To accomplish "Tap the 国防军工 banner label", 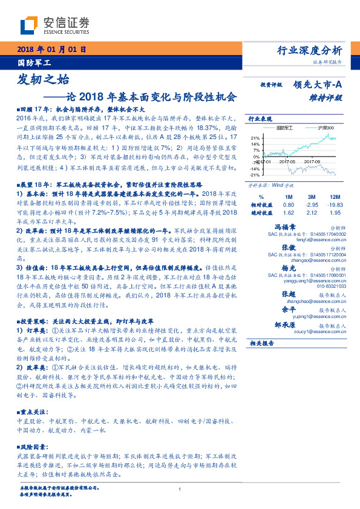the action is click(34, 62).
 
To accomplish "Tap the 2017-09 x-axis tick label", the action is click(312, 162).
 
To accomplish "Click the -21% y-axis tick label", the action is click(255, 175).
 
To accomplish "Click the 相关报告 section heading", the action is click(263, 343).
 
